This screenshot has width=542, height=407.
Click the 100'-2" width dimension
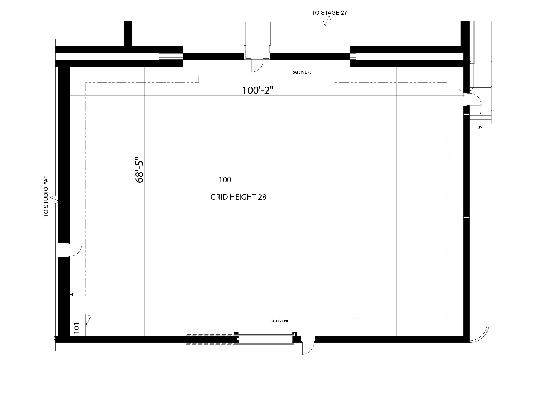257,90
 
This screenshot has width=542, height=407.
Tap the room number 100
225,180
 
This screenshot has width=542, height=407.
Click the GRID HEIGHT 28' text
239,197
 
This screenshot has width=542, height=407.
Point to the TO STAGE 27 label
329,13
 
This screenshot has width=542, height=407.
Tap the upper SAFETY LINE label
302,72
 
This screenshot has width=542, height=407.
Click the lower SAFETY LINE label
280,321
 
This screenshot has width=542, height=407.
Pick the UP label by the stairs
479,128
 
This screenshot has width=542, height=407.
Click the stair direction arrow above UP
480,117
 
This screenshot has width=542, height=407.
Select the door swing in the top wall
257,66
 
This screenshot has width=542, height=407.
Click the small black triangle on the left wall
72,294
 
